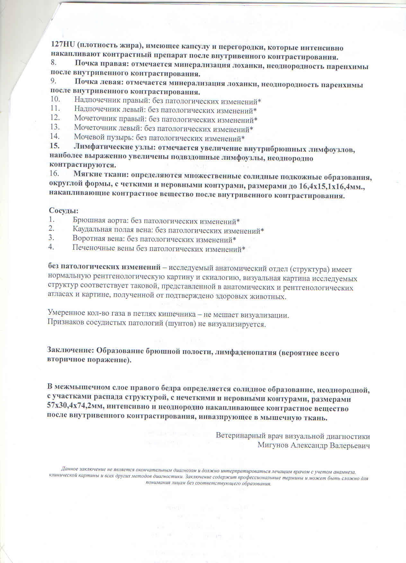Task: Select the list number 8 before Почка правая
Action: coord(53,63)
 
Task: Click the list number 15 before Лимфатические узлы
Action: coord(55,146)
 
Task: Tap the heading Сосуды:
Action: coord(64,211)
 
